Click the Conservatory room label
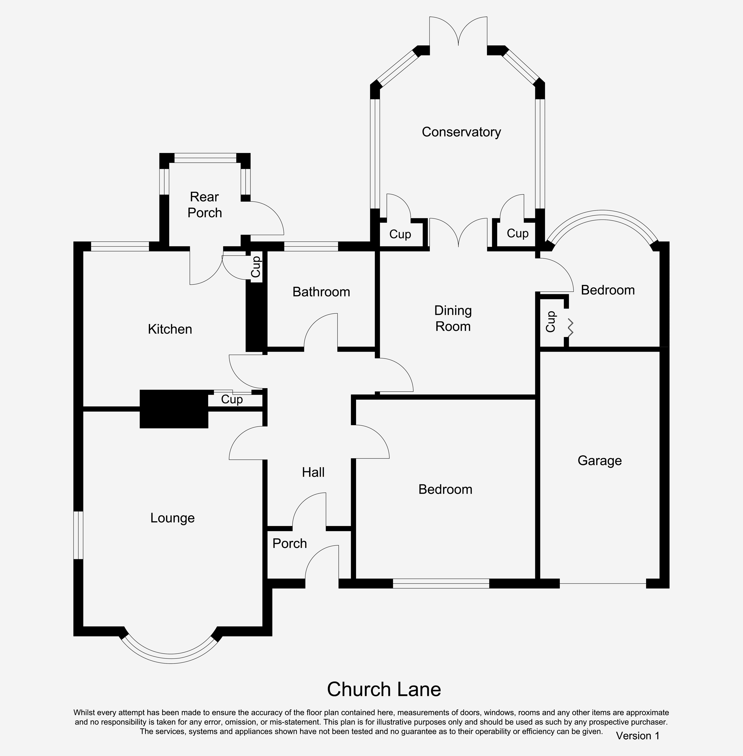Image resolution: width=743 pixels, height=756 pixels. pos(461,132)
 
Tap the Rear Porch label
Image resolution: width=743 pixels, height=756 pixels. pos(204,205)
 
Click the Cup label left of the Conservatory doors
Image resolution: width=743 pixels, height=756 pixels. pos(400,234)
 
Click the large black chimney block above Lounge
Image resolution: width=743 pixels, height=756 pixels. pos(174,409)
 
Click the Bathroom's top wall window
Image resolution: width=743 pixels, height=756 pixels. pos(311,246)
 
